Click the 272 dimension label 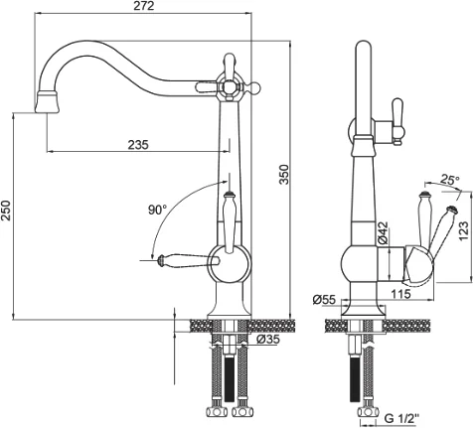coord(144,6)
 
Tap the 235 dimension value coord(138,145)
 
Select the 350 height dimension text coord(284,174)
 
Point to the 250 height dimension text coord(7,211)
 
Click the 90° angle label coord(157,210)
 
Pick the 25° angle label coord(450,180)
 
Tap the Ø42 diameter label coord(383,232)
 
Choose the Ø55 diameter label coord(324,300)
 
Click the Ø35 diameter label coord(268,339)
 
